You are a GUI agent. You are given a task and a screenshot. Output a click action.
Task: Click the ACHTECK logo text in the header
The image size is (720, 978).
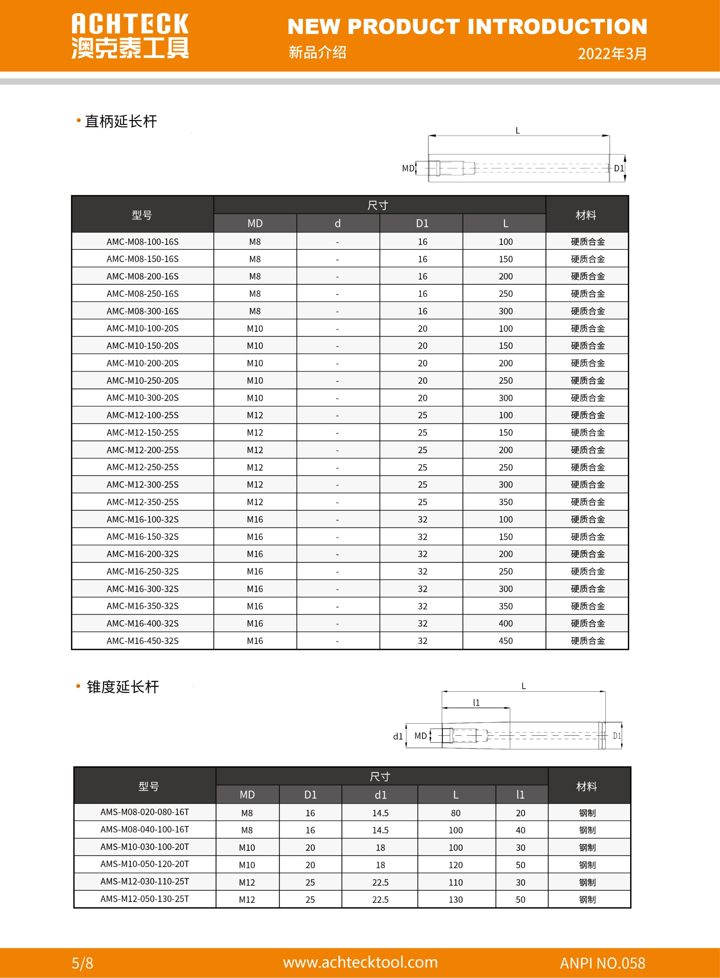130,24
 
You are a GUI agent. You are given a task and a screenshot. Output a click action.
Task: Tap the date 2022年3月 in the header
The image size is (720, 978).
612,54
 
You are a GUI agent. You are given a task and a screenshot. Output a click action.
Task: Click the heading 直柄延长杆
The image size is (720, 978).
121,121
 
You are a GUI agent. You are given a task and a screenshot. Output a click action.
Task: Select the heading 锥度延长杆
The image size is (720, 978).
123,687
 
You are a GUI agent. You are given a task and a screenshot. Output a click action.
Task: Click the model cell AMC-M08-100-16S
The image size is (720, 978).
142,241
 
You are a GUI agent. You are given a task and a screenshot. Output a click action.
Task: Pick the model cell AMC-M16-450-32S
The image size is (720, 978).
142,641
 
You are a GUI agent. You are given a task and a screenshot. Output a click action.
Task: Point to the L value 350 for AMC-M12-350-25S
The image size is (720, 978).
506,502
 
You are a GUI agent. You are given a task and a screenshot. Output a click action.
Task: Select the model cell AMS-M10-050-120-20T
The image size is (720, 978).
145,864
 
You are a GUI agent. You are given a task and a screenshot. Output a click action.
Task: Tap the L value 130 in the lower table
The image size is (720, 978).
455,899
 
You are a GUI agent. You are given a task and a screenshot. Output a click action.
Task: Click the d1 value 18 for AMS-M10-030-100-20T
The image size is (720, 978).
380,847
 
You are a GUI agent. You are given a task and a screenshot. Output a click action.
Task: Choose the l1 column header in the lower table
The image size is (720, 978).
520,794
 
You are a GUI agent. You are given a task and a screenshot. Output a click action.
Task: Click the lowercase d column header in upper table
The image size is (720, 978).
337,223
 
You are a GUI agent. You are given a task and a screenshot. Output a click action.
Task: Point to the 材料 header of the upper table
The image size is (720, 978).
586,215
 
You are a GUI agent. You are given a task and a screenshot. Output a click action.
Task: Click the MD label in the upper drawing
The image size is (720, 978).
408,168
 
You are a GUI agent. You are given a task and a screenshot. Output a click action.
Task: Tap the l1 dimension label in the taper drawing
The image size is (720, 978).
476,702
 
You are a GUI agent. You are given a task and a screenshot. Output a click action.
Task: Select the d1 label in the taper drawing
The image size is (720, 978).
398,737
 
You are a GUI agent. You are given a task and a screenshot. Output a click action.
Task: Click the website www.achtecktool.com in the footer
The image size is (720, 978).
360,962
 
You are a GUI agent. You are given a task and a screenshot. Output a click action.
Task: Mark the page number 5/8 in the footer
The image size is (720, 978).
82,963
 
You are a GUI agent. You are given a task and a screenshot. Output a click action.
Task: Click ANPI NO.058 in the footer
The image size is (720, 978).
602,963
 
